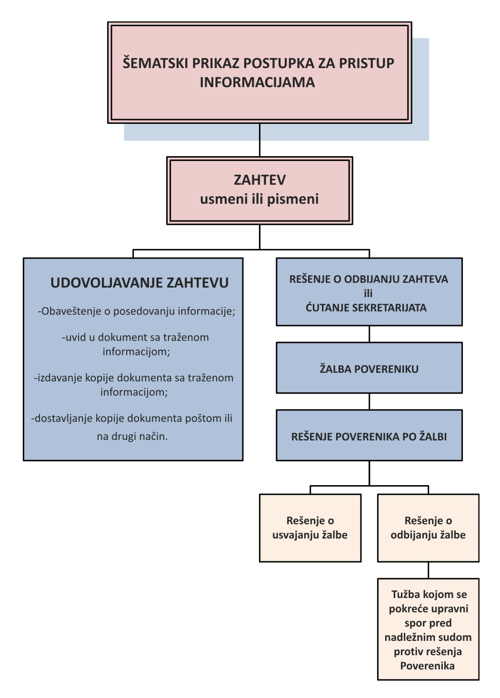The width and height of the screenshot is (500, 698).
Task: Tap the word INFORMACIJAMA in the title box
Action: pos(257,82)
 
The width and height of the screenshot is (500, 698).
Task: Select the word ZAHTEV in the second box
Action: pos(260,180)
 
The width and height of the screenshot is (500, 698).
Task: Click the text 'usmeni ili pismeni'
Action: pos(260,199)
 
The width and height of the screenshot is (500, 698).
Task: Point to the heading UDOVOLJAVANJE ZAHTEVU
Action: pos(140,283)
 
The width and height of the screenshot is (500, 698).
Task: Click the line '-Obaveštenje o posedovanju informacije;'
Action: pos(137,311)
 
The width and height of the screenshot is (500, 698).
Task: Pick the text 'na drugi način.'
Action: pos(132,436)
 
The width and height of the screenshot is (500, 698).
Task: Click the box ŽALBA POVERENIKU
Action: pos(369,369)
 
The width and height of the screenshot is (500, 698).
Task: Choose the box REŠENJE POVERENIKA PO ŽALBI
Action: pos(369,436)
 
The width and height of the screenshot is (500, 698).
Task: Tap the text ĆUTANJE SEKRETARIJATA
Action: pos(366,308)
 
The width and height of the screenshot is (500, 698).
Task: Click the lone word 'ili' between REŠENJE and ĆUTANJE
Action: pos(368,293)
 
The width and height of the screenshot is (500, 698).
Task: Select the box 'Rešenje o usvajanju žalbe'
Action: pos(310,528)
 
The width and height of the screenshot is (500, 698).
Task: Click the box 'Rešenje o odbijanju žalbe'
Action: pos(428,528)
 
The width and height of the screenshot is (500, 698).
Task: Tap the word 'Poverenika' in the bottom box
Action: pos(427,666)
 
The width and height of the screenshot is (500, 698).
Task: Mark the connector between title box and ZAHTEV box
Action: pos(260,140)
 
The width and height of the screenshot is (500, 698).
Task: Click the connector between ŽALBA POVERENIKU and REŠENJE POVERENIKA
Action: pos(369,401)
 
